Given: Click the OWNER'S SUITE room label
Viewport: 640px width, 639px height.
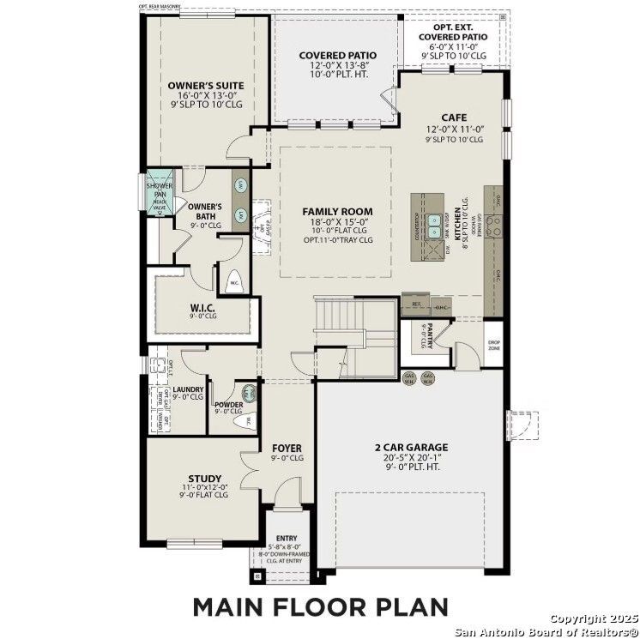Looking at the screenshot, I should point(206,86).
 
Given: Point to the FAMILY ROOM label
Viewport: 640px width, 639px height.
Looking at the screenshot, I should point(337,211).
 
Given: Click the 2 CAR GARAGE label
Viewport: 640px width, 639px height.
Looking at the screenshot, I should point(412,447).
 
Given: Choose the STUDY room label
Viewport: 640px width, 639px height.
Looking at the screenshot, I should point(205,479).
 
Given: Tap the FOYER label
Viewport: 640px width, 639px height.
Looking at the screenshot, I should point(287,449).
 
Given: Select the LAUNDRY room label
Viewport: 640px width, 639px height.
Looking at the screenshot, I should point(187,389).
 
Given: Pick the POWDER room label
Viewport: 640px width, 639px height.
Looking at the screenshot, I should point(228,404).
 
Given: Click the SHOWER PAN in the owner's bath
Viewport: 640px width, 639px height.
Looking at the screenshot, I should point(160,193).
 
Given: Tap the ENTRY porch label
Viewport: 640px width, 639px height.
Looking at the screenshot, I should point(286,538).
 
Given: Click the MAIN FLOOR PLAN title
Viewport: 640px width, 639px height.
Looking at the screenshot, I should point(319,606).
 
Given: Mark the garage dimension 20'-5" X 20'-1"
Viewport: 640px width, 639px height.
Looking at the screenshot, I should point(412,459).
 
